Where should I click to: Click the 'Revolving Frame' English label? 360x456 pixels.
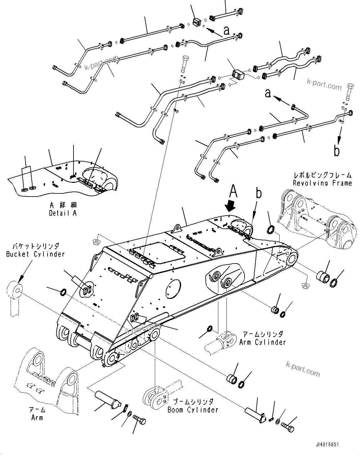point(322,183)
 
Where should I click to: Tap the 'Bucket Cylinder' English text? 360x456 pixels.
point(35,254)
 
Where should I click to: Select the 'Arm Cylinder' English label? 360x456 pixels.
point(262,342)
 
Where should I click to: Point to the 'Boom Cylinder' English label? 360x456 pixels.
point(193,409)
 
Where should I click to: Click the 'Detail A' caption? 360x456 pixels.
point(63,213)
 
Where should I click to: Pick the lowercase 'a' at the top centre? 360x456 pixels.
point(226,30)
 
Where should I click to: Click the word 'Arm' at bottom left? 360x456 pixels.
point(37,418)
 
